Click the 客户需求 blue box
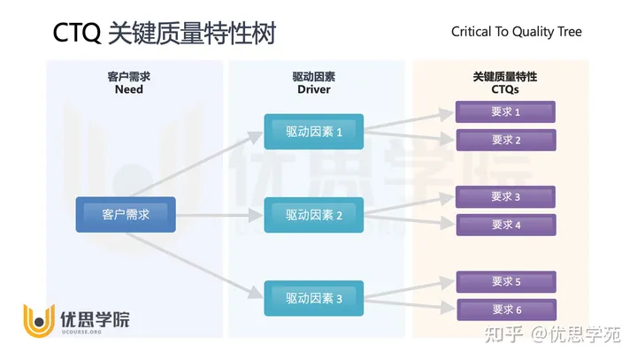coord(126,214)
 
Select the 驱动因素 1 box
coord(313,132)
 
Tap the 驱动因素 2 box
coord(313,214)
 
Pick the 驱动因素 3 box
coord(313,298)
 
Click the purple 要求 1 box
coord(505,111)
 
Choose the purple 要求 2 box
coord(505,140)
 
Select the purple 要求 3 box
coord(505,196)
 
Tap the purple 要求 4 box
coord(505,225)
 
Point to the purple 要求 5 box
coord(505,281)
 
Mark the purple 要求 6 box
coord(505,310)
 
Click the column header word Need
coord(128,89)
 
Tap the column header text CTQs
coord(504,89)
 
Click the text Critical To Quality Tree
coord(517,32)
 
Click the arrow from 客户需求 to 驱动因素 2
coord(220,214)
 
